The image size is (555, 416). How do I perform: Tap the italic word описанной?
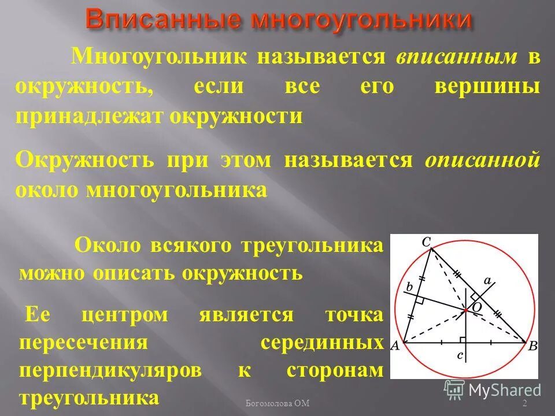(483, 160)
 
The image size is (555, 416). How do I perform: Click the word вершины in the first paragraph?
(487, 87)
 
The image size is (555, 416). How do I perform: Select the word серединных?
(322, 343)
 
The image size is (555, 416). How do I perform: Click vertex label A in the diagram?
(396, 346)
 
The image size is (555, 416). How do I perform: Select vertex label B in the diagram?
(532, 346)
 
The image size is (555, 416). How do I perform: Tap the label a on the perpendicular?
(487, 281)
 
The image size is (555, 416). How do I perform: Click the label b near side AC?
(409, 287)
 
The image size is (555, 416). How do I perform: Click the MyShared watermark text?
(504, 390)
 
